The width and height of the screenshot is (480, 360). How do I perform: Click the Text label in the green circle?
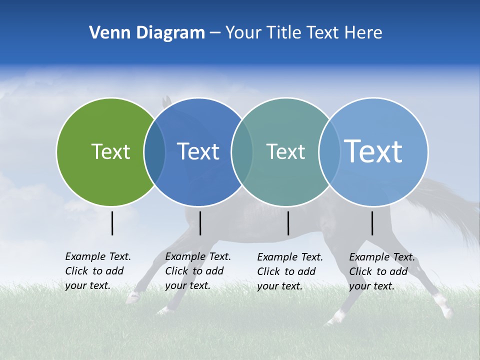pyautogui.click(x=110, y=151)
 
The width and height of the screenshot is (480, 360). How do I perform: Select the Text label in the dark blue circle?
pyautogui.click(x=198, y=151)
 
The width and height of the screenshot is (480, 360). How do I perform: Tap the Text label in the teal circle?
pyautogui.click(x=285, y=151)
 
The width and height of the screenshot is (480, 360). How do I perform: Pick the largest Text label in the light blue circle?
pyautogui.click(x=373, y=151)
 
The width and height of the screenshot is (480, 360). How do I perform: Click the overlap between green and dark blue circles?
pyautogui.click(x=154, y=152)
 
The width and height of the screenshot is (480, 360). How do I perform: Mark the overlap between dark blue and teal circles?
pyautogui.click(x=242, y=152)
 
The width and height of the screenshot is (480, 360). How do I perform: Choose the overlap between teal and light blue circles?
pyautogui.click(x=329, y=152)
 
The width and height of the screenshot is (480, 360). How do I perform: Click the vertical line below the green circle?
pyautogui.click(x=112, y=223)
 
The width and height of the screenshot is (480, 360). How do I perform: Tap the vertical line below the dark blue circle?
pyautogui.click(x=200, y=223)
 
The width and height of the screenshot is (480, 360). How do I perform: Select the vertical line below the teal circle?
pyautogui.click(x=288, y=223)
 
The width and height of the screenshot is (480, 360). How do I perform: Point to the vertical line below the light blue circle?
pyautogui.click(x=372, y=223)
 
